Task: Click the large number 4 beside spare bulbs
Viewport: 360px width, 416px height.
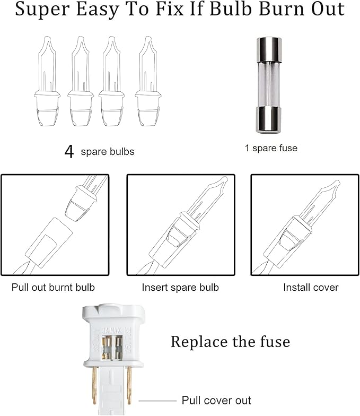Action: click(x=69, y=152)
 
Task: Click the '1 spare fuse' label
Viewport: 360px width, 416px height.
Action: click(x=271, y=148)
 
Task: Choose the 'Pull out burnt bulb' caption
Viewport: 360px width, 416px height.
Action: click(x=53, y=288)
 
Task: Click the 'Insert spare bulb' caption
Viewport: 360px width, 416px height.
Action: click(x=180, y=288)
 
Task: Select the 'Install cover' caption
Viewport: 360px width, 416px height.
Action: click(x=311, y=288)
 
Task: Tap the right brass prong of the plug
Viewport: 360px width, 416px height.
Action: click(x=129, y=385)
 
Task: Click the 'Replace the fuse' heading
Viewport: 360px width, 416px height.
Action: click(x=230, y=342)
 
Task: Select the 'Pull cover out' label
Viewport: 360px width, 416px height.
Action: click(x=216, y=400)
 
